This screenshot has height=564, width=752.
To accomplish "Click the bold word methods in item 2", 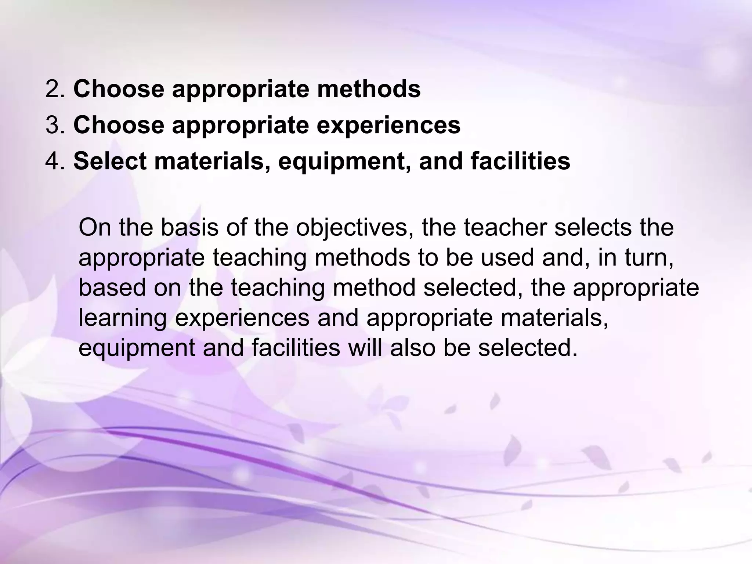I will pyautogui.click(x=369, y=89).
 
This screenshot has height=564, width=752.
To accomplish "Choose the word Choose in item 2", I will pyautogui.click(x=119, y=89).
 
